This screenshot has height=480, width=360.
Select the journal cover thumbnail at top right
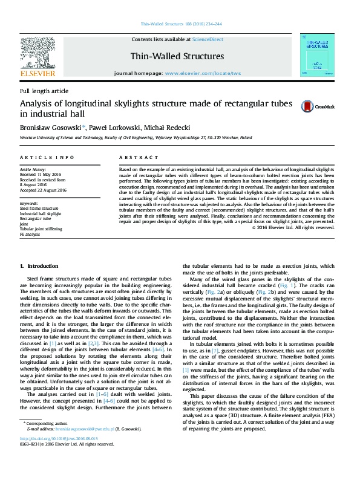(316, 56)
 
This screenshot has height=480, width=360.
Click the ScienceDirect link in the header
(208, 39)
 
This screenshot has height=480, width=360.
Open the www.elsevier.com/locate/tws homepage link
(203, 73)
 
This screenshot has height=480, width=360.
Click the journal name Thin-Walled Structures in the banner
(177, 56)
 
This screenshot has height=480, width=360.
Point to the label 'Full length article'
(44, 91)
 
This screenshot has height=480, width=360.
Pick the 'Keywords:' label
(30, 204)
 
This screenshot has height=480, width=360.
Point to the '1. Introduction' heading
(39, 266)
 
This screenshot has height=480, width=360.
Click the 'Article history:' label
(34, 170)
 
